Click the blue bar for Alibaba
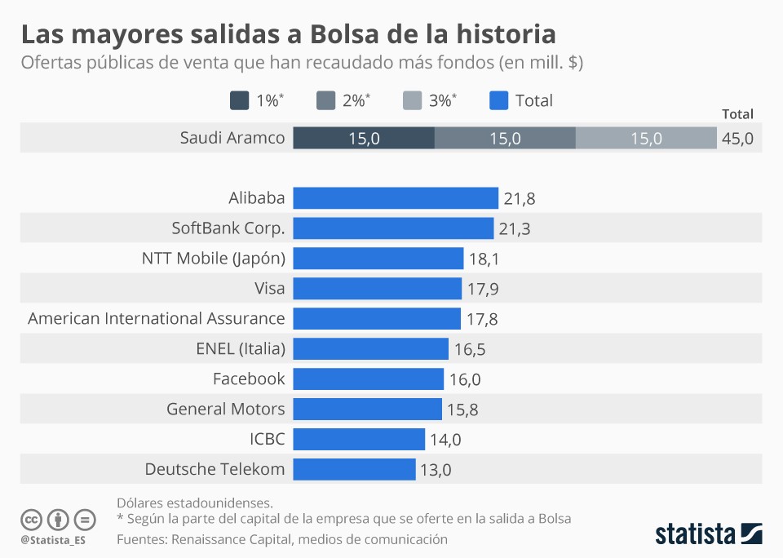(x=396, y=198)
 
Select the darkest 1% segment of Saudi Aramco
(x=364, y=138)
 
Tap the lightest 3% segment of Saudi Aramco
(x=646, y=138)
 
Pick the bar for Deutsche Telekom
(x=354, y=469)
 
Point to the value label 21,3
(x=515, y=228)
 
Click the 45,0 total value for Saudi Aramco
(x=737, y=139)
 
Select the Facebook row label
(x=249, y=379)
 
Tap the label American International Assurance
(x=157, y=318)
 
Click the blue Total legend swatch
(x=498, y=100)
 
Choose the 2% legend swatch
(x=325, y=100)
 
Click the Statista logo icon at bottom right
(x=751, y=534)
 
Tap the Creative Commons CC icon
(x=31, y=519)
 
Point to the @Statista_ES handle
(x=53, y=540)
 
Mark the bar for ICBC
(x=359, y=439)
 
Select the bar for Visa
(x=378, y=288)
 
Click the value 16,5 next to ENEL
(x=470, y=349)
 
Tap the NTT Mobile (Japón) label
(x=214, y=259)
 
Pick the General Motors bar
(x=367, y=409)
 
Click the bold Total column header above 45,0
(x=737, y=114)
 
